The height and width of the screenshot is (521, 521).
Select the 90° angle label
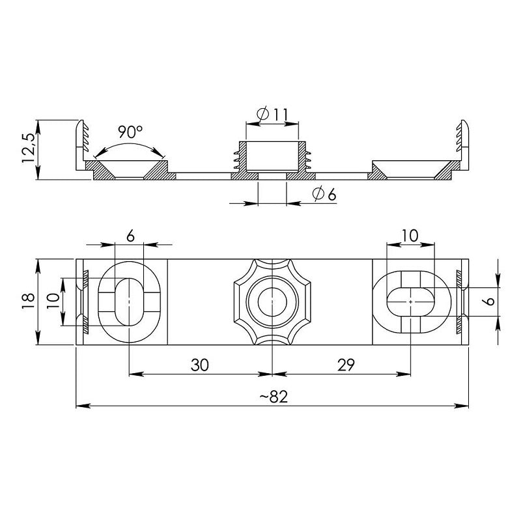[130, 132]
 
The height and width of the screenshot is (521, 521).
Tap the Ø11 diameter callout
[272, 115]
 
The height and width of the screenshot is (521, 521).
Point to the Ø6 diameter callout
[323, 193]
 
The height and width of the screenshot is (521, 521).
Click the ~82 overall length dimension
[272, 398]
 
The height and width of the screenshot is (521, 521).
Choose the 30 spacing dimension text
[200, 365]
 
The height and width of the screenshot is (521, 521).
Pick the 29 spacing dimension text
[346, 365]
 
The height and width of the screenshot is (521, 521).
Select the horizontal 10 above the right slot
[410, 236]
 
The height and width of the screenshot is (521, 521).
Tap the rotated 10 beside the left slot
[54, 301]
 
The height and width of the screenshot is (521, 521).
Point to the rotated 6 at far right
[490, 302]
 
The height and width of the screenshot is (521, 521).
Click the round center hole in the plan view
[272, 302]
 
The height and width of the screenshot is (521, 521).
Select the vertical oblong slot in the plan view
[130, 302]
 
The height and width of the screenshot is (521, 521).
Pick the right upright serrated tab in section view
[463, 142]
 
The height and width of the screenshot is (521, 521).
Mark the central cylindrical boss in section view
[272, 156]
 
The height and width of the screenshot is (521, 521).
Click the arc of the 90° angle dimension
[130, 145]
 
